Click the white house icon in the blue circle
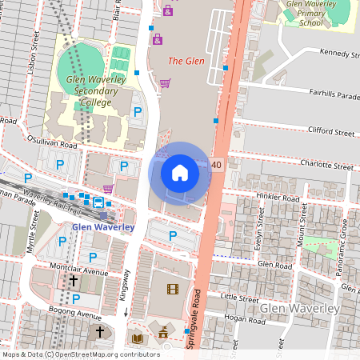[x=180, y=173]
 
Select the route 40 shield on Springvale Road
[x=217, y=165]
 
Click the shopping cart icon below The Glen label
[x=165, y=82]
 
